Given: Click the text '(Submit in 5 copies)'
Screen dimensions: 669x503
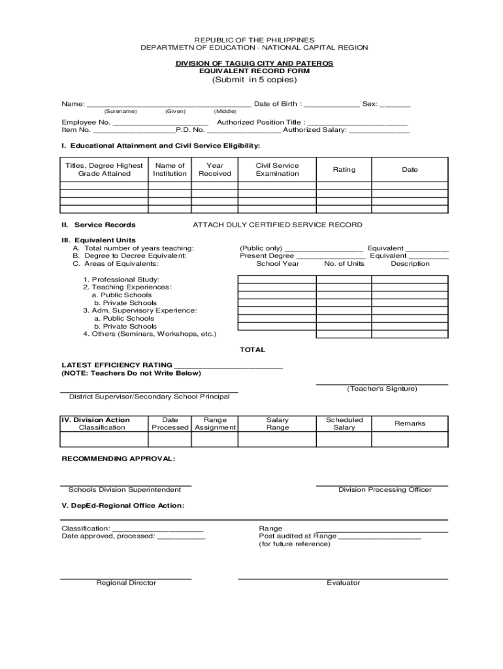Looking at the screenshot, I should click(254, 80).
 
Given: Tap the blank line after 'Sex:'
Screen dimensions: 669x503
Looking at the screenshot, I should click(395, 105).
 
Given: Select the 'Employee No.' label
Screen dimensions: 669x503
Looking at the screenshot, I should click(86, 122).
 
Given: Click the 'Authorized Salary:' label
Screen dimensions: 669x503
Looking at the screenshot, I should click(314, 130).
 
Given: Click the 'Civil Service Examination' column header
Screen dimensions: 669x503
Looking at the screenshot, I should click(277, 170).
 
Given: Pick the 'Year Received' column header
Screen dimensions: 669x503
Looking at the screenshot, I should click(215, 170).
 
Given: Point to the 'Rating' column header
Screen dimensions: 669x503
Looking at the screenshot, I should click(344, 170).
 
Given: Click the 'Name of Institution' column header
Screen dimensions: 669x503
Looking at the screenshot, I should click(170, 170).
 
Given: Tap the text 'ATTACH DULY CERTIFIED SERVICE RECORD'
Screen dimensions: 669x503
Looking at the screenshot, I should click(277, 225).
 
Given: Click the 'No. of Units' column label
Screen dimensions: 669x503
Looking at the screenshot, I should click(344, 264).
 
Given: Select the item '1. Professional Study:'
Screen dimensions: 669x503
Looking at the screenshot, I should click(112, 280).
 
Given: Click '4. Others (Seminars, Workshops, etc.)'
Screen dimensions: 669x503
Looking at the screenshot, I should click(149, 334).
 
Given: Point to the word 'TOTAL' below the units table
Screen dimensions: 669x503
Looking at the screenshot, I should click(252, 350).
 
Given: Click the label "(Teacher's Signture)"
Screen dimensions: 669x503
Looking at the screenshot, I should click(382, 389).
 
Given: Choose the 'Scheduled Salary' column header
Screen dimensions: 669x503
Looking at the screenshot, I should click(344, 423).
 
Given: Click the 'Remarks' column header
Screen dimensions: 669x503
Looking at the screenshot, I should click(410, 423).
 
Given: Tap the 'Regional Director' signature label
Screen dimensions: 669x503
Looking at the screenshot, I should click(126, 583).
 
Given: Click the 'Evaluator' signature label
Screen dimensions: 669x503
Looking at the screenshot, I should click(343, 583).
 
